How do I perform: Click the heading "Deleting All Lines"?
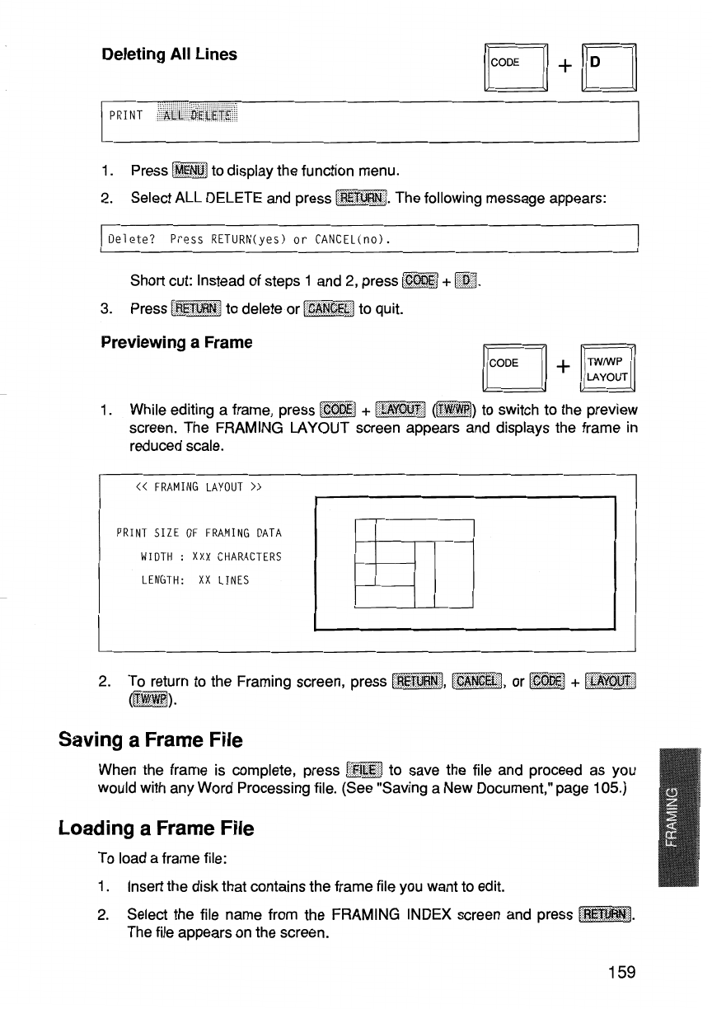[169, 54]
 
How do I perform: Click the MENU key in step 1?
[190, 171]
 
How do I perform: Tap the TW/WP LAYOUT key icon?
[610, 369]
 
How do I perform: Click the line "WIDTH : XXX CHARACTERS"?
[212, 556]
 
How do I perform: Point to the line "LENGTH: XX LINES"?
[194, 580]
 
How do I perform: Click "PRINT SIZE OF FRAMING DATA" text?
[200, 533]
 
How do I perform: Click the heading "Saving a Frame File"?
[151, 739]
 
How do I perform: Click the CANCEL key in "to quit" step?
[328, 309]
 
